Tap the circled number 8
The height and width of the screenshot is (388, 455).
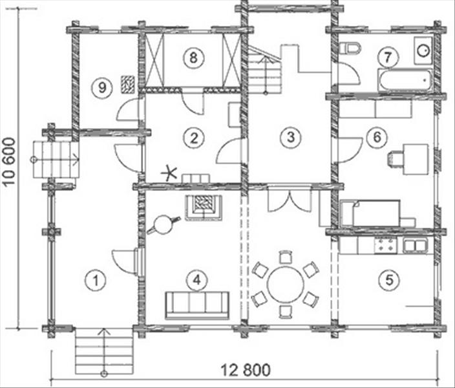click(193, 58)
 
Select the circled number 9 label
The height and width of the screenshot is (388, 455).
click(102, 87)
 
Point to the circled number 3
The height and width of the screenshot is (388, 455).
click(291, 137)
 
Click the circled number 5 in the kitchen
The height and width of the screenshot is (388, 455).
click(389, 280)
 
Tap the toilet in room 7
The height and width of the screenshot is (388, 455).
click(350, 48)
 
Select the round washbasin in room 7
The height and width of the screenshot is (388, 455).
click(423, 50)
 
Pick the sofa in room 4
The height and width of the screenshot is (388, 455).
click(197, 305)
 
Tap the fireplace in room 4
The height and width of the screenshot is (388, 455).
click(204, 208)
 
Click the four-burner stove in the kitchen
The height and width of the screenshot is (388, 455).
click(385, 245)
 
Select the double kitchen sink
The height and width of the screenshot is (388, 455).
click(415, 245)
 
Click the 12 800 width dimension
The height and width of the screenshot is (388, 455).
click(246, 371)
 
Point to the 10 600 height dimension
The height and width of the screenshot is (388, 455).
click(8, 162)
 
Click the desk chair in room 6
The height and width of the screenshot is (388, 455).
click(396, 160)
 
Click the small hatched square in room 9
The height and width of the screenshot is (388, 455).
click(128, 84)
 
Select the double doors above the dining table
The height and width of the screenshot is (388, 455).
click(290, 200)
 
